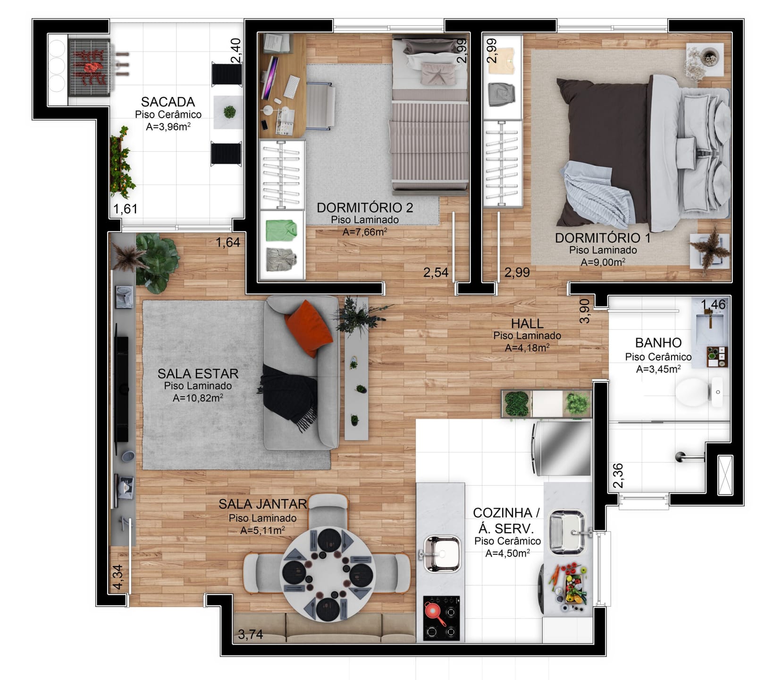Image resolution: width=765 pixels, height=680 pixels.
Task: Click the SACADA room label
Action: point(168,102)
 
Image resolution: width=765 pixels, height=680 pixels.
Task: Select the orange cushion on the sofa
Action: point(308,328)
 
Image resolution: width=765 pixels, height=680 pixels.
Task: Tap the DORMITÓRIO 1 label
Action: point(603,238)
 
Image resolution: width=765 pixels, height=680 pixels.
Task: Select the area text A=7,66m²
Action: point(365,232)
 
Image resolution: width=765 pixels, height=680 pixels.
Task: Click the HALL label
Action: point(527,324)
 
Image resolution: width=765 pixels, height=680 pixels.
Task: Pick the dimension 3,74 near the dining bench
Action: point(251,634)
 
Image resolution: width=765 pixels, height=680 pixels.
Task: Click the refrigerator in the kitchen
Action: point(562,448)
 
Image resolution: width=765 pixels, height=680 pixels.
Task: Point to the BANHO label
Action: point(658,343)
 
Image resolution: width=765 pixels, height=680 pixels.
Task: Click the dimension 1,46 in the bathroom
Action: point(713,305)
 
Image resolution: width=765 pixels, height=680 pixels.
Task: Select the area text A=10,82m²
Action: point(198,398)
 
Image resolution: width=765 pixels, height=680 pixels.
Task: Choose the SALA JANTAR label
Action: point(262,504)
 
